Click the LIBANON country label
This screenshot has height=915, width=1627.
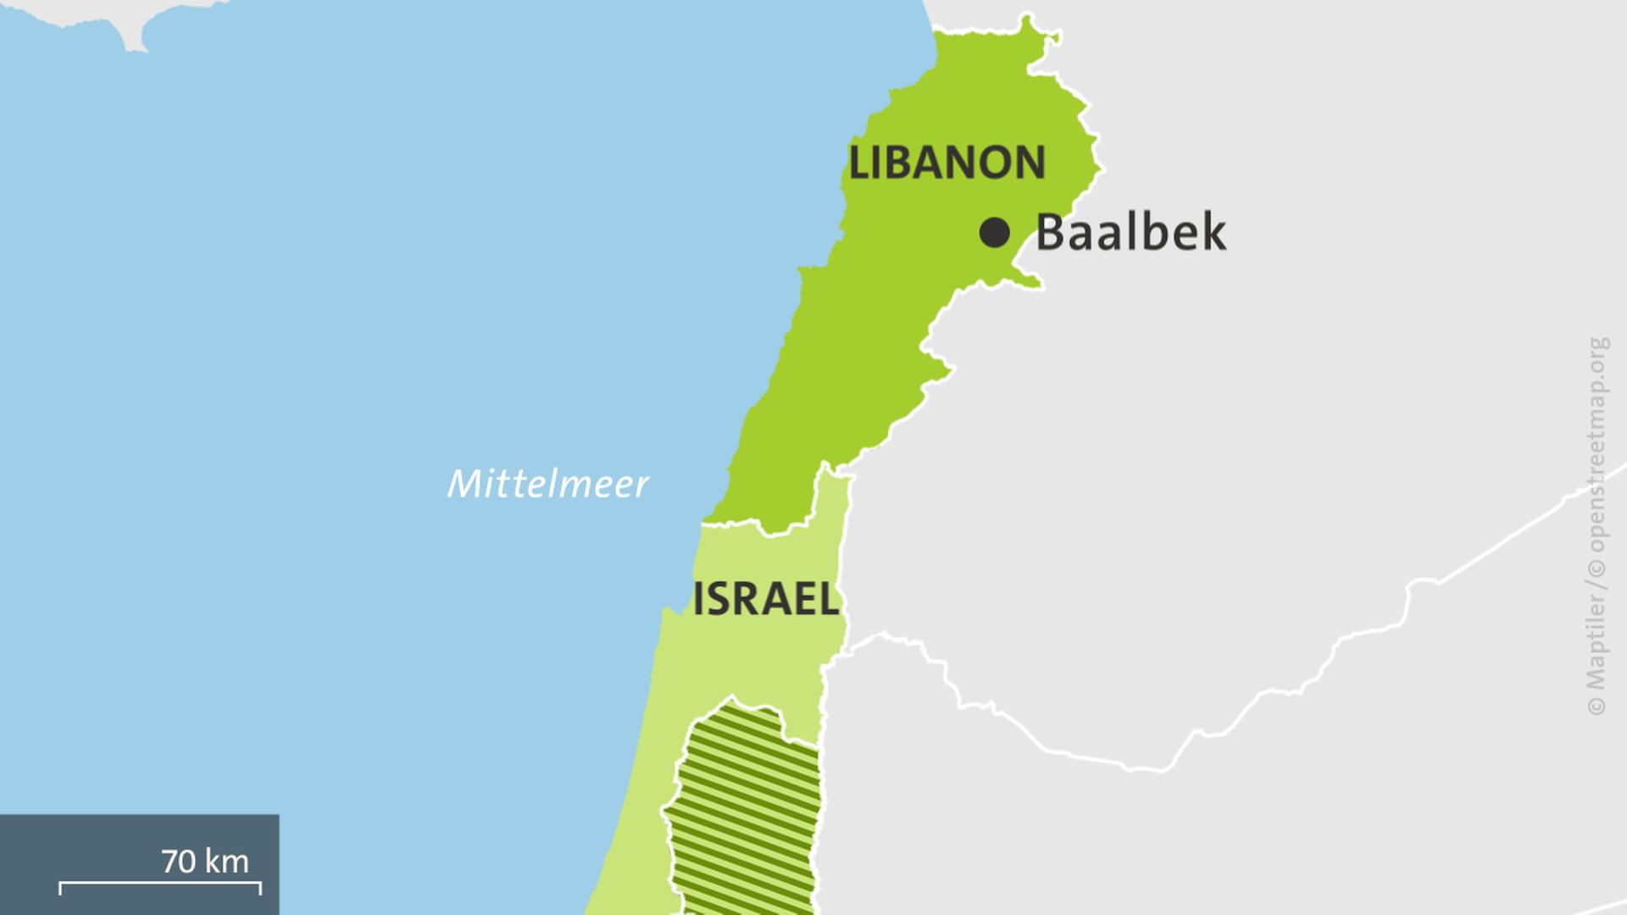(947, 163)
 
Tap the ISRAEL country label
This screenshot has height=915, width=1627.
(766, 600)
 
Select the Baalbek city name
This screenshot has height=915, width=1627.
(1130, 232)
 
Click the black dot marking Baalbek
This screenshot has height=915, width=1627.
(994, 232)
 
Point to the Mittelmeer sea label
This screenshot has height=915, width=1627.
(547, 484)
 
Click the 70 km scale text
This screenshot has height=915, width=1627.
(205, 862)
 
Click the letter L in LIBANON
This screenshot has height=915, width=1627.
(859, 163)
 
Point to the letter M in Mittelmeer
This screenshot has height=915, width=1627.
(464, 484)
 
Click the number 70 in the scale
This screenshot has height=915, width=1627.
(179, 862)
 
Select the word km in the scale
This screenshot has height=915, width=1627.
(226, 862)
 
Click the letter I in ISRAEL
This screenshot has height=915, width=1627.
(698, 600)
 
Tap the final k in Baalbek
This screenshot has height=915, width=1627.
(1213, 232)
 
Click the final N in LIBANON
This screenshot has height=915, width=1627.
(1029, 163)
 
